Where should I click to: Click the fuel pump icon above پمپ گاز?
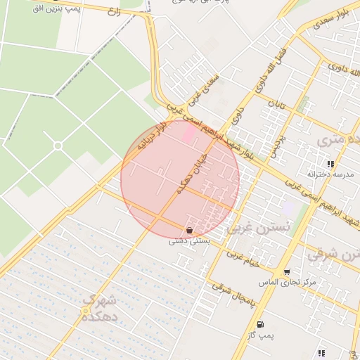click(262, 324)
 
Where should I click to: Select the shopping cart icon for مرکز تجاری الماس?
click(286, 272)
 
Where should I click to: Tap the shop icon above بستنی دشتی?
click(188, 230)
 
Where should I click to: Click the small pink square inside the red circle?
click(190, 132)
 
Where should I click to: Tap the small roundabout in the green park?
click(58, 146)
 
